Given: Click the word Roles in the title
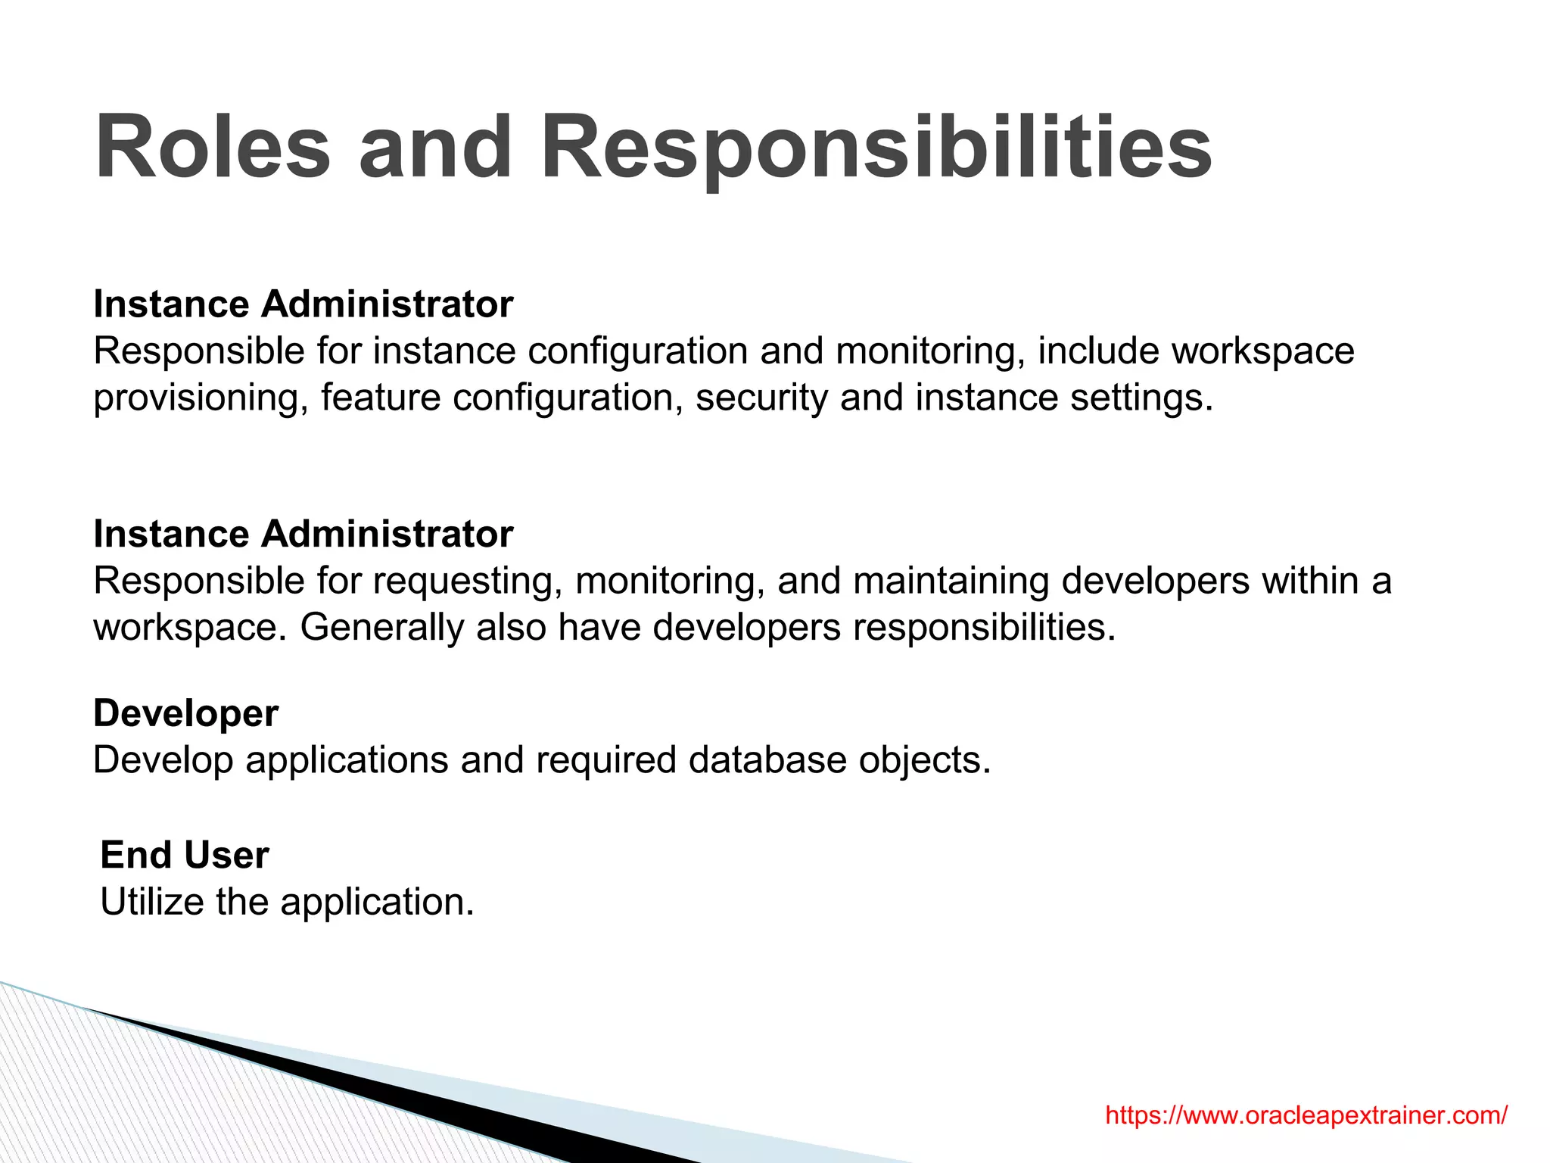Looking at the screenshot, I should tap(213, 147).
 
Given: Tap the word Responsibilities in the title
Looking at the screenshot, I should tap(876, 147).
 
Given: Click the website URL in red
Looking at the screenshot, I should tap(1306, 1115).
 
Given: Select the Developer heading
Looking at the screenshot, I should tap(185, 713).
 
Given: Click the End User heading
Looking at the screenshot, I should tap(184, 855).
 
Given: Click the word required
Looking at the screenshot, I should tap(605, 760).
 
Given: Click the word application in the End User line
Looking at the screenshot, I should tap(377, 902).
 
